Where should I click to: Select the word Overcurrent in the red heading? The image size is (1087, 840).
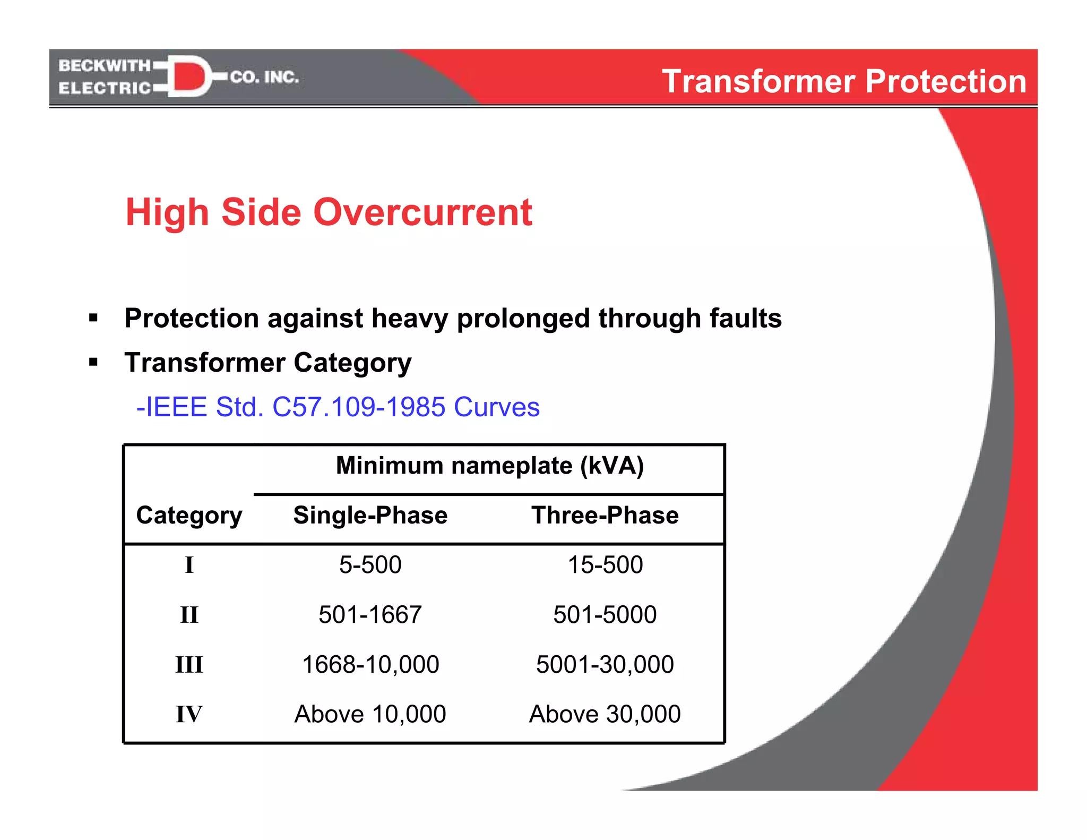(x=422, y=212)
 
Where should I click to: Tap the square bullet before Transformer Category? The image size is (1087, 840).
(x=94, y=363)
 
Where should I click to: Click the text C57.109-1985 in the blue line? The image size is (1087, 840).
(x=358, y=407)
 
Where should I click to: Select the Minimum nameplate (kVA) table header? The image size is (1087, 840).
(x=489, y=466)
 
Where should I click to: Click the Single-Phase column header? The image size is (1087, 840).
(x=370, y=515)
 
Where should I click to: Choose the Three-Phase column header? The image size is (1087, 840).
(x=605, y=515)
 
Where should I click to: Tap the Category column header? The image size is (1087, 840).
(x=189, y=515)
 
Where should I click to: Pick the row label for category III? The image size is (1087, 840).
(x=189, y=665)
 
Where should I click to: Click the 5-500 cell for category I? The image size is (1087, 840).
(x=370, y=565)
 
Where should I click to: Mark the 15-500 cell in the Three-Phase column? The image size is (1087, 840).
(x=605, y=565)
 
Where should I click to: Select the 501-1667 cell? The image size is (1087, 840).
(x=370, y=615)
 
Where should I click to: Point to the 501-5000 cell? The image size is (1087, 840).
(x=605, y=615)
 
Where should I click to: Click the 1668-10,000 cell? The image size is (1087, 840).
(x=370, y=665)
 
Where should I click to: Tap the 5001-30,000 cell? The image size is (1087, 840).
(x=605, y=665)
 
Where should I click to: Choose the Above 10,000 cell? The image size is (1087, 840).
(x=370, y=714)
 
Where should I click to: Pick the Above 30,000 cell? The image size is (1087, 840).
(x=605, y=714)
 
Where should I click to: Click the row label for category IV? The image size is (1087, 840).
(x=189, y=714)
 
